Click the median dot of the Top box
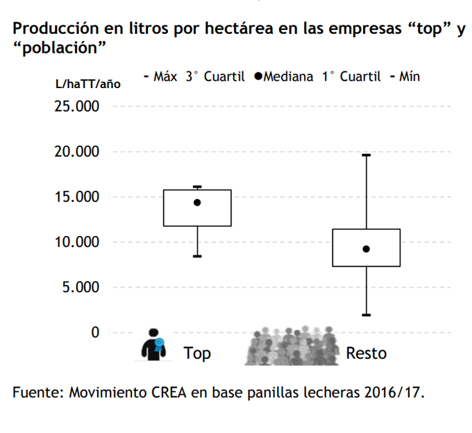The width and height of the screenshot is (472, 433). click(x=197, y=203)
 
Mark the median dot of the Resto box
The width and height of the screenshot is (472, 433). click(x=366, y=249)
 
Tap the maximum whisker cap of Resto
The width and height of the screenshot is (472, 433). click(x=366, y=155)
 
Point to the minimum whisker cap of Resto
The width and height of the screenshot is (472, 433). click(x=366, y=315)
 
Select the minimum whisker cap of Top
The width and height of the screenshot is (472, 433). click(x=197, y=256)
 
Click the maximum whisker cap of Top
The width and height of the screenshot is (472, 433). click(x=197, y=187)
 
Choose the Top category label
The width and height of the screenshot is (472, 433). click(x=197, y=353)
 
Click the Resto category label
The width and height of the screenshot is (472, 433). click(x=366, y=353)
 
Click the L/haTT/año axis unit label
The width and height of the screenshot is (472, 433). click(x=87, y=84)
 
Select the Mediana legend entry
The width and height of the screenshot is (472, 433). click(x=284, y=76)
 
